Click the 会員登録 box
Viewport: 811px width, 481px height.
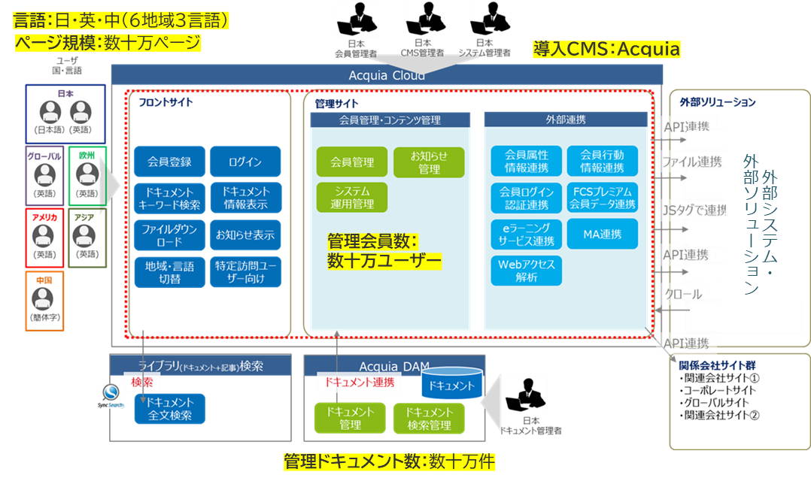tap(169, 162)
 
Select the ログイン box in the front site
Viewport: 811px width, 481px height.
tap(245, 162)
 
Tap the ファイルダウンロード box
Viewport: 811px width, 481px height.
tap(169, 235)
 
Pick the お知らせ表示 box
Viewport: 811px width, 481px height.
tap(245, 235)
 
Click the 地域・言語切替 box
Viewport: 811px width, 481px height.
tap(169, 272)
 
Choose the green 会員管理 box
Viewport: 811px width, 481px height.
tap(351, 162)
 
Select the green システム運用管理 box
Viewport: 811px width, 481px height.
tap(351, 197)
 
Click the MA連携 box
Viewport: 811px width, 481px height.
tap(602, 234)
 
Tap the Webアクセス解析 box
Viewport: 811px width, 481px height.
tap(526, 271)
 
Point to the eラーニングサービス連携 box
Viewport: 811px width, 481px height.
tap(526, 234)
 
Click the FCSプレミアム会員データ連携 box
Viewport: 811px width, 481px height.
tap(602, 197)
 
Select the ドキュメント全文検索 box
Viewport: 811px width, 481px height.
tap(169, 408)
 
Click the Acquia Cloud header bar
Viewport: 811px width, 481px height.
tap(387, 75)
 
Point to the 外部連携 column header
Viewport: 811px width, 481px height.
tap(565, 119)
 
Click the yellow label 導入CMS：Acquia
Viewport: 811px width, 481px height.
tap(606, 50)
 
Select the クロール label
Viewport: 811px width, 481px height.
tap(683, 294)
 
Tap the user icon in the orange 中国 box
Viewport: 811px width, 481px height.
tap(44, 299)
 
